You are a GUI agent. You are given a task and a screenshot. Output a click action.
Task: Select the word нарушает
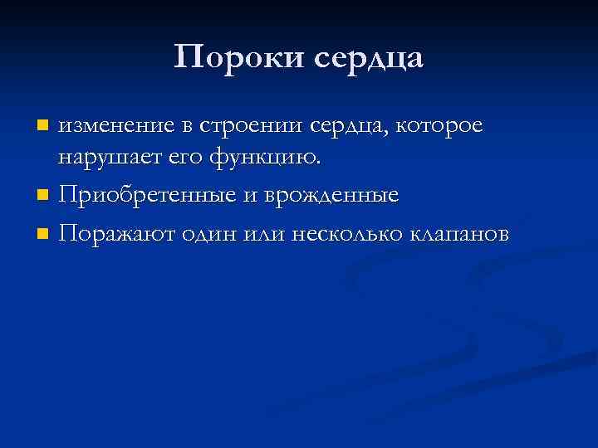pyautogui.click(x=106, y=158)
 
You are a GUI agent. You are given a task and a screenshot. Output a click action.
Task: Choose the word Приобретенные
pyautogui.click(x=151, y=197)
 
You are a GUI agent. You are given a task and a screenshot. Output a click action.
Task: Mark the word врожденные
pyautogui.click(x=332, y=197)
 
